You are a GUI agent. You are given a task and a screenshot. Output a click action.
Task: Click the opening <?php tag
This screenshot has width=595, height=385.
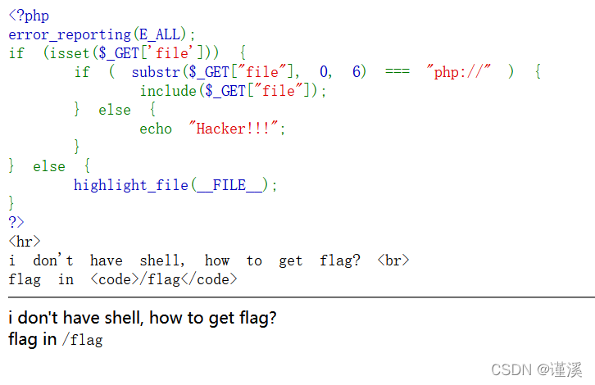[x=29, y=16]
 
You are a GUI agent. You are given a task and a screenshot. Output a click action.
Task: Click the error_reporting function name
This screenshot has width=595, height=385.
[x=70, y=34]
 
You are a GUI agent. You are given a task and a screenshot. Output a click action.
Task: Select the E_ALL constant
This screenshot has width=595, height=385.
[x=164, y=34]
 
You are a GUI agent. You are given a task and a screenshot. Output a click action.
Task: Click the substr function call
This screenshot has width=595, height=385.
[x=156, y=72]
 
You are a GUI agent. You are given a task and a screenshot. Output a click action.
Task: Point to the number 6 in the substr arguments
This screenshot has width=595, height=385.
[x=357, y=72]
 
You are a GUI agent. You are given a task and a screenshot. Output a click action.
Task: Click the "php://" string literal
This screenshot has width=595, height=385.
[x=458, y=72]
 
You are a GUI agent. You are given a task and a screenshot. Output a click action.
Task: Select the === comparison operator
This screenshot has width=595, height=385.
[x=397, y=72]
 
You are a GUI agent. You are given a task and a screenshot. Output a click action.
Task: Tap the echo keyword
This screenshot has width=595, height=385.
[x=156, y=129]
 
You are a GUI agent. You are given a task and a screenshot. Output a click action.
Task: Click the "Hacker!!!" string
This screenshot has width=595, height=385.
[x=238, y=129]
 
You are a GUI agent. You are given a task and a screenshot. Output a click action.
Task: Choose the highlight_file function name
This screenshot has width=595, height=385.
[x=131, y=185]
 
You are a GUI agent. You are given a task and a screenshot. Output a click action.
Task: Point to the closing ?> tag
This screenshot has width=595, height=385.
[x=16, y=223]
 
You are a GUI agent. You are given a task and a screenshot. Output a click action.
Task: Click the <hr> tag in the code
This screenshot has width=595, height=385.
[x=25, y=242]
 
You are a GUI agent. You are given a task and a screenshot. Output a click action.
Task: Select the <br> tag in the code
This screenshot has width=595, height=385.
[x=393, y=260]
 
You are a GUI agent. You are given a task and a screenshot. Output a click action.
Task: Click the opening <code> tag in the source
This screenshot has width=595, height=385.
[x=115, y=279]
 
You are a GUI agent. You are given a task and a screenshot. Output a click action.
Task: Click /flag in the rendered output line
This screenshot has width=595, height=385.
[x=82, y=339]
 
